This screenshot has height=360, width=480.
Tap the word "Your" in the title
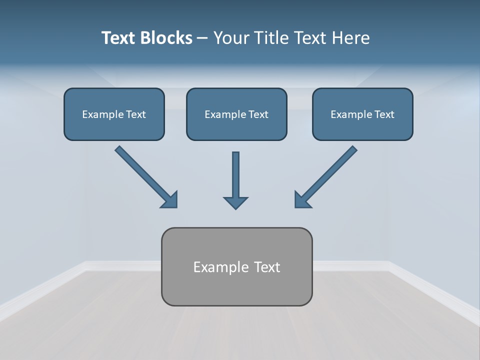[231, 38]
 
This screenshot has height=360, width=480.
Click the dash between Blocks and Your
[202, 38]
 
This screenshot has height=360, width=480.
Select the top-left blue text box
[114, 114]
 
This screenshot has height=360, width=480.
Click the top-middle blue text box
[236, 114]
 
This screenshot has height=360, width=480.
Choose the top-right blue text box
[362, 114]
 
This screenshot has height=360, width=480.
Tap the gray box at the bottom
[236, 266]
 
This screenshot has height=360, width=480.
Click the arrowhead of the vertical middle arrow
[235, 202]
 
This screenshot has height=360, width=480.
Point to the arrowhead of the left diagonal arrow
[170, 199]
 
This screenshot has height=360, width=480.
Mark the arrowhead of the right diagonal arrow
[302, 199]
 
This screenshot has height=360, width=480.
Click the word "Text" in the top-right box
[384, 114]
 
